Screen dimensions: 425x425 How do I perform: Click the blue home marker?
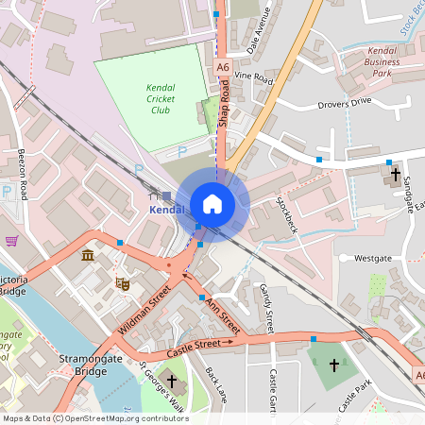pyautogui.click(x=212, y=204)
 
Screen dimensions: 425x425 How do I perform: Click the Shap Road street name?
pyautogui.click(x=225, y=104)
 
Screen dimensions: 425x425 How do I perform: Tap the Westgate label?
pyautogui.click(x=371, y=257)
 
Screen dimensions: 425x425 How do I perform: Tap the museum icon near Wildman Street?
pyautogui.click(x=88, y=256)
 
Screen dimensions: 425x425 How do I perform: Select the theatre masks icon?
pyautogui.click(x=121, y=282)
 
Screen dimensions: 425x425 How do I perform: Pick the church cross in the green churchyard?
pyautogui.click(x=332, y=365)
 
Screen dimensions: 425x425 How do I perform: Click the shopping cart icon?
pyautogui.click(x=11, y=241)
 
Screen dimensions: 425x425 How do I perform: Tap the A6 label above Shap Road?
pyautogui.click(x=222, y=67)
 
